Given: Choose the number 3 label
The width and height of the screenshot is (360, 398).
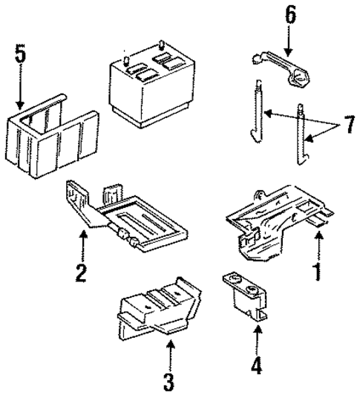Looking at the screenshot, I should [x=168, y=382].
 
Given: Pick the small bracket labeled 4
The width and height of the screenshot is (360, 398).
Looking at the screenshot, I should [x=246, y=298].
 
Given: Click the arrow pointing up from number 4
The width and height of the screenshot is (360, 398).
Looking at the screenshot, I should [x=258, y=341].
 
